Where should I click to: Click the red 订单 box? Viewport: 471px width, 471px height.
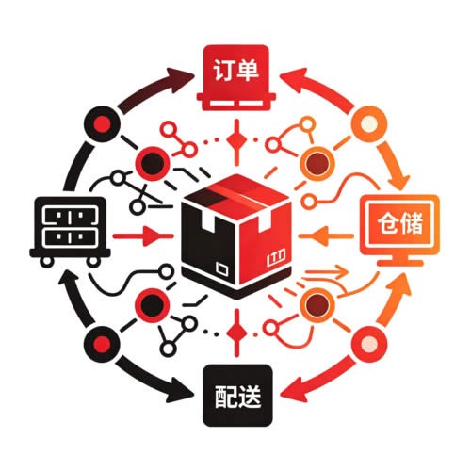(x=236, y=77)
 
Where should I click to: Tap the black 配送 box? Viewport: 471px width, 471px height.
(x=237, y=396)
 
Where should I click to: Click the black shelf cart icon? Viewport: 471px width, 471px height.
(x=70, y=232)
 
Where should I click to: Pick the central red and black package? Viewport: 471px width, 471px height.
(x=236, y=237)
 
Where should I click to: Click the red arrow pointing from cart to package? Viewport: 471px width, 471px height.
(x=143, y=236)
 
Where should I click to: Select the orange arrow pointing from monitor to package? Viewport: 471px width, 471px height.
(x=327, y=235)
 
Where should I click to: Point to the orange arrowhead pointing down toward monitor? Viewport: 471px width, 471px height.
(x=398, y=181)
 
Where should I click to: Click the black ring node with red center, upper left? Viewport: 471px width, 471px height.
(x=103, y=124)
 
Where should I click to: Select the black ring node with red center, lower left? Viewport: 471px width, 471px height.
(x=103, y=344)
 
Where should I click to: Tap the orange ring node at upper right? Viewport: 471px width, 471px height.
(x=368, y=123)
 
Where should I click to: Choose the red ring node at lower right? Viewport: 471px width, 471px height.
(x=369, y=344)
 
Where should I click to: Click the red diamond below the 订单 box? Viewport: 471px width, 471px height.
(x=236, y=140)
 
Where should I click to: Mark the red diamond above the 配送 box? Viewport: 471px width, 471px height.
(x=236, y=333)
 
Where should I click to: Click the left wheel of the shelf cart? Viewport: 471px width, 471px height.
(x=47, y=262)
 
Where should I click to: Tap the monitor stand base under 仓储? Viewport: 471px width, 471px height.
(x=399, y=263)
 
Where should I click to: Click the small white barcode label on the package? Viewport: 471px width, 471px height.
(x=276, y=257)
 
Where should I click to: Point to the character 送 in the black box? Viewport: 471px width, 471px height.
(x=250, y=397)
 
